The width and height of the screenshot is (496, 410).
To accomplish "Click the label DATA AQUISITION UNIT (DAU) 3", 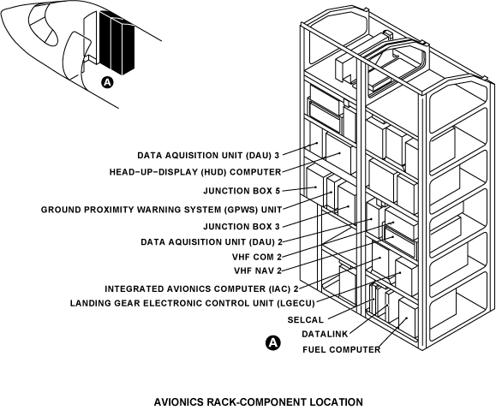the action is coord(208,156).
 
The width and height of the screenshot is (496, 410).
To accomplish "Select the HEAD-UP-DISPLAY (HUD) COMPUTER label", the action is coord(195,172).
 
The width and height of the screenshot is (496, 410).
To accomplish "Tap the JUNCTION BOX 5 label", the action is coord(242,191).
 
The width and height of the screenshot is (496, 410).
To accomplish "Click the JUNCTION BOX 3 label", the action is coord(242,227).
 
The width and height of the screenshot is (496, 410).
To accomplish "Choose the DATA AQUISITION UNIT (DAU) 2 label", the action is coord(212,242).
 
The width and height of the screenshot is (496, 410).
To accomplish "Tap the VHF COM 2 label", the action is coord(257,257).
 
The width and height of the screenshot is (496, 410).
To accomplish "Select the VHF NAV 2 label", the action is coord(258,271).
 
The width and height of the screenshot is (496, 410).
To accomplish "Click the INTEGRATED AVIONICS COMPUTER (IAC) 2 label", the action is coord(201,289).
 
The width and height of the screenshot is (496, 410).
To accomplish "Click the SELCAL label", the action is coord(306,320).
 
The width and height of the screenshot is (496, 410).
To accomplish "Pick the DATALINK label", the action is coord(325,334).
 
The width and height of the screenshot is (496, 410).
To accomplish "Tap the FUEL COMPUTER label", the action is coord(341,349).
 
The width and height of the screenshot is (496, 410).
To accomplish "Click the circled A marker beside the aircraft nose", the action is coord(108,82).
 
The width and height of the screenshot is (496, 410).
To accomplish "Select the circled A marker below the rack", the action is coord(273,343).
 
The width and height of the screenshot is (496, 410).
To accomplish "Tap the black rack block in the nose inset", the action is coord(117,43).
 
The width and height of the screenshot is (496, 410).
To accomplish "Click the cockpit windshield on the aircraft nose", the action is coord(43,26).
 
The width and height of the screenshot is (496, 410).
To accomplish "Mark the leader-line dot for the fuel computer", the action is coord(407,318).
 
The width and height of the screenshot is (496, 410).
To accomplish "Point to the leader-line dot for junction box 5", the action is coord(316,187).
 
